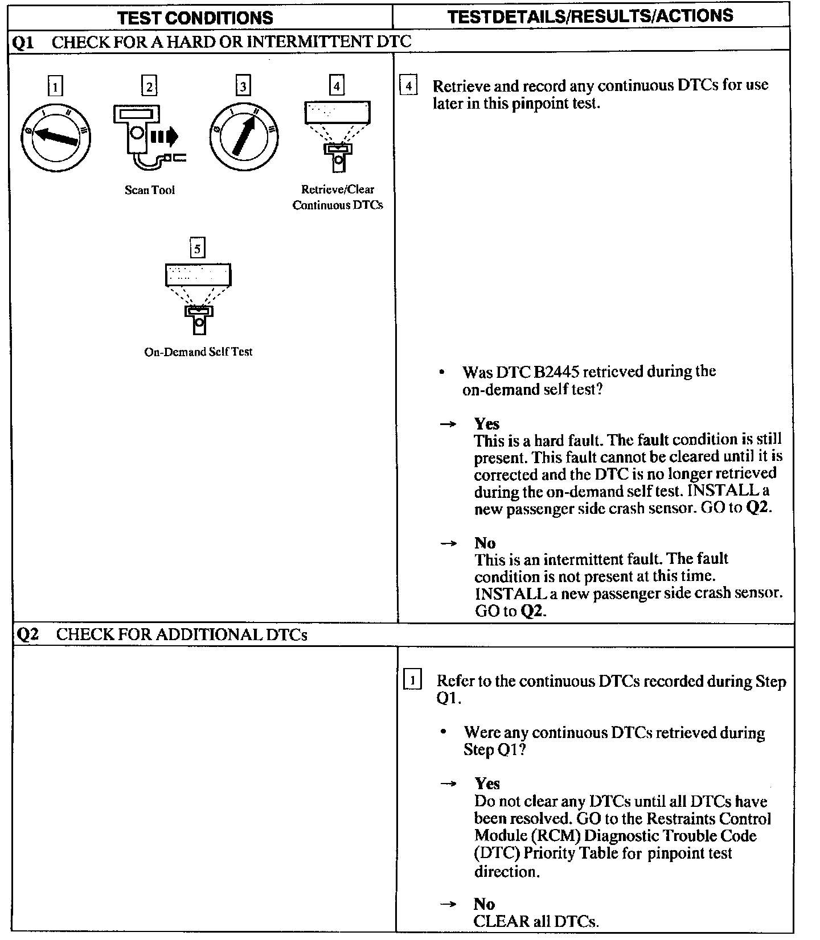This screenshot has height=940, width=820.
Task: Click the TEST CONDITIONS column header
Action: coord(195,18)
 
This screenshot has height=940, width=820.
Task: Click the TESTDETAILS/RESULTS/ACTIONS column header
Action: coord(590,16)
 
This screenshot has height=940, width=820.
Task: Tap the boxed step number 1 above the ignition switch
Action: coord(55,87)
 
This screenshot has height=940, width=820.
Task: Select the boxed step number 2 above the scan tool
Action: coord(149,86)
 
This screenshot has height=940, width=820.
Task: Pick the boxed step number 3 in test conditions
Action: coord(243,86)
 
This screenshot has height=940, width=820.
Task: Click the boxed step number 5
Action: coord(198,249)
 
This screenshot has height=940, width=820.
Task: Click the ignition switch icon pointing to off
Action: coord(55,137)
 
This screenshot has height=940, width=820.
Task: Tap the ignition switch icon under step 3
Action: coord(243,137)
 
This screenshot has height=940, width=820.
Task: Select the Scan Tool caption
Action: coord(150,190)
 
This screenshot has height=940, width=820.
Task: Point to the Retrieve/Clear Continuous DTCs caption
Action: coord(338,197)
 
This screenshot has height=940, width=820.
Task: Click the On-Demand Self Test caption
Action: coord(198,352)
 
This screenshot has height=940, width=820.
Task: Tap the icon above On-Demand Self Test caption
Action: coord(198,297)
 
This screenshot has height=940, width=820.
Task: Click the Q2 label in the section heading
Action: coord(27,634)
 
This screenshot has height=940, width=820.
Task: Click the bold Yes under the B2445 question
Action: coord(487,424)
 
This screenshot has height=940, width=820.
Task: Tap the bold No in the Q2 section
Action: coord(484,904)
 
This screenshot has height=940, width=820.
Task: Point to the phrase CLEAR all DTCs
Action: coord(536,921)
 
